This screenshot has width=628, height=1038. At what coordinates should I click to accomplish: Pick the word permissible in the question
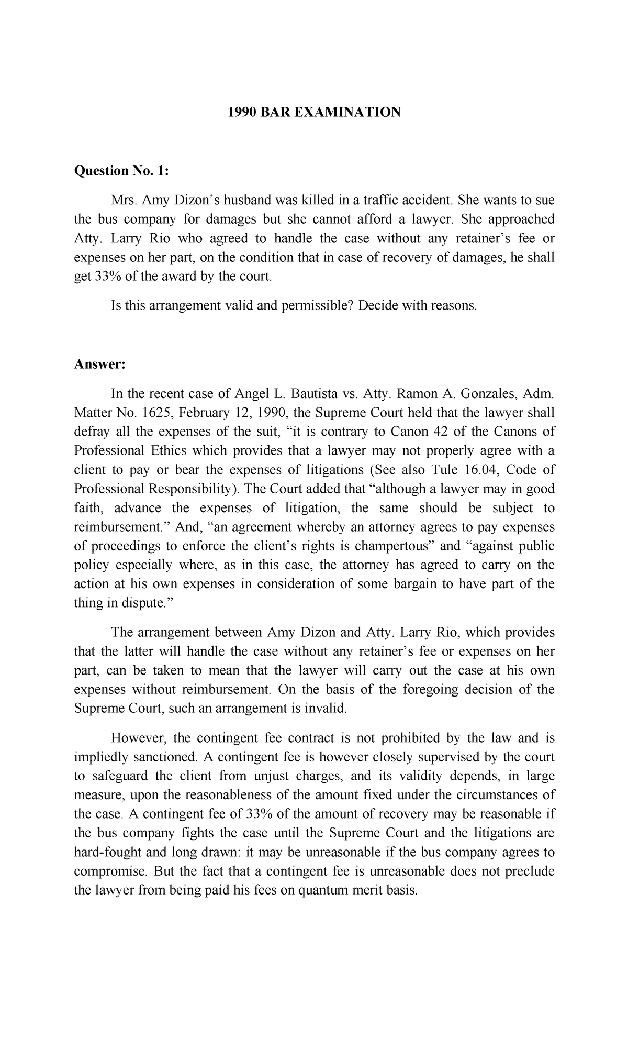[313, 305]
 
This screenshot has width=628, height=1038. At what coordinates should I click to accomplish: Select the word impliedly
[105, 757]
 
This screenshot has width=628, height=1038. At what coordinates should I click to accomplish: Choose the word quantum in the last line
[324, 890]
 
